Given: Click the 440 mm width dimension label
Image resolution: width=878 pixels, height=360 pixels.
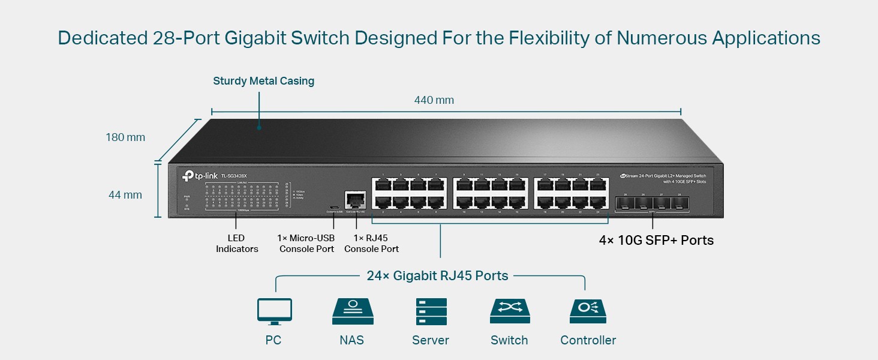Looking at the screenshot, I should [434, 100].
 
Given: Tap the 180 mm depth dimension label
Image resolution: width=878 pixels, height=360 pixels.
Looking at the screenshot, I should [125, 137].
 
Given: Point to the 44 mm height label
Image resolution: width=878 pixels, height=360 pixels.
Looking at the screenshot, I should [125, 195].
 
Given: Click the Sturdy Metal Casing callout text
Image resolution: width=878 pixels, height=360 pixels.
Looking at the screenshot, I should [263, 81].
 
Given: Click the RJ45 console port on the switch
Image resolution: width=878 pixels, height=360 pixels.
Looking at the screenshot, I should [353, 199].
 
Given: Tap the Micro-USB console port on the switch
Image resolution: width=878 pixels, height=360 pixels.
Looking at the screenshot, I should [333, 206].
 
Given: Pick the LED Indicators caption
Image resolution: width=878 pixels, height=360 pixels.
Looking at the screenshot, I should [237, 244].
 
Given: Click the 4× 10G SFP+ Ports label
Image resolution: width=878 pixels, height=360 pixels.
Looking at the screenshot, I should [656, 241].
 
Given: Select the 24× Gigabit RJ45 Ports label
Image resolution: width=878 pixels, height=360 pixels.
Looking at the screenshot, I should [437, 276].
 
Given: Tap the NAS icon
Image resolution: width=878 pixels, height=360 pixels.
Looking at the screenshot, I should [351, 311].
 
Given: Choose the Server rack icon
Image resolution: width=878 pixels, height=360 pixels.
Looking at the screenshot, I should [431, 311].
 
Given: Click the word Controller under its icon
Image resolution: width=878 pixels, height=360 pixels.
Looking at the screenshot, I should [588, 340].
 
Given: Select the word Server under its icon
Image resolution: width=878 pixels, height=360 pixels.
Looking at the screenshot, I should [430, 340].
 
